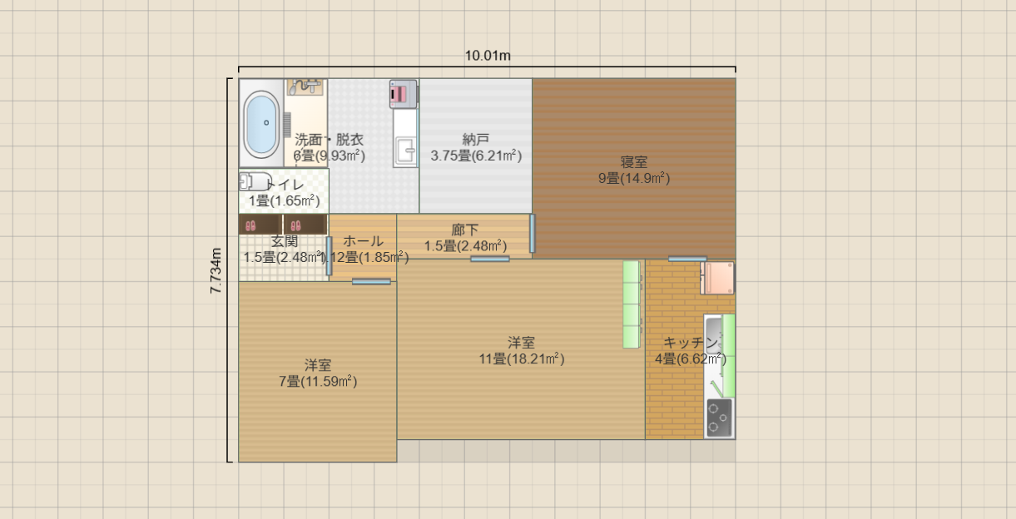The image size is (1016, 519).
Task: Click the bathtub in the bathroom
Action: (x=262, y=124)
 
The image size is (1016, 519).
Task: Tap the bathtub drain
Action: (x=266, y=122)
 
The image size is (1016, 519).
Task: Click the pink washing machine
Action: (x=403, y=93)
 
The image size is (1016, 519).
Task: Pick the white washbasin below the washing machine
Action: (x=406, y=151)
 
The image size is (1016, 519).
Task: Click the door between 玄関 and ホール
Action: (x=329, y=256)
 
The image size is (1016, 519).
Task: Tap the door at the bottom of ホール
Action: (x=371, y=282)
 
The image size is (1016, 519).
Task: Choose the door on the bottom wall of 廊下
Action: (x=489, y=259)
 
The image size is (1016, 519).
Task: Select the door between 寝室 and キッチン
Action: (x=687, y=259)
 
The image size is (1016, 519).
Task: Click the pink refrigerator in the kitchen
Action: (x=717, y=278)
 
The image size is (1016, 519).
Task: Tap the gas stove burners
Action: (x=719, y=418)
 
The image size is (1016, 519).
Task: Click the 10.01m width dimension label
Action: (x=488, y=57)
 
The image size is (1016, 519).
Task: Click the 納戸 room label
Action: (x=476, y=140)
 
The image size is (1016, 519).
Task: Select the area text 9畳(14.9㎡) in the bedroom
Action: (x=634, y=177)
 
